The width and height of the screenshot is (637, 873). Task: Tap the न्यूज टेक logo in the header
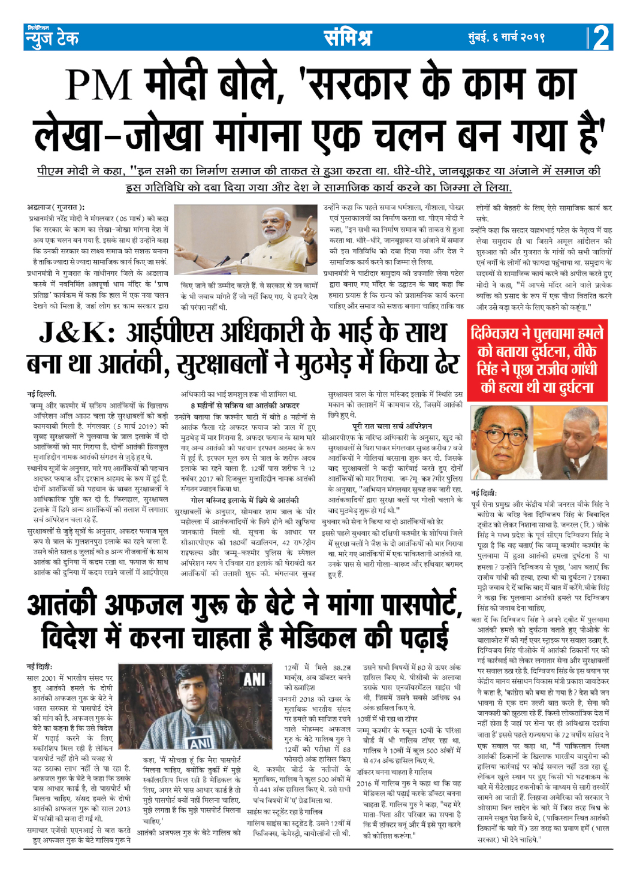(52, 38)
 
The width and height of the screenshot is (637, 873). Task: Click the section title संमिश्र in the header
(348, 38)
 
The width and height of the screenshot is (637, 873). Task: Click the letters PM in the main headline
(99, 84)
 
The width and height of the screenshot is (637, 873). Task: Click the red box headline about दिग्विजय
(536, 360)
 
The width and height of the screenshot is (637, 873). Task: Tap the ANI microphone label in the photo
(200, 744)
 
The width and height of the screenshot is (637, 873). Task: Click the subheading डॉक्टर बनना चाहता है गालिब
(394, 772)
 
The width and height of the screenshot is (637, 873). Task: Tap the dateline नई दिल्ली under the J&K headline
(42, 394)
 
